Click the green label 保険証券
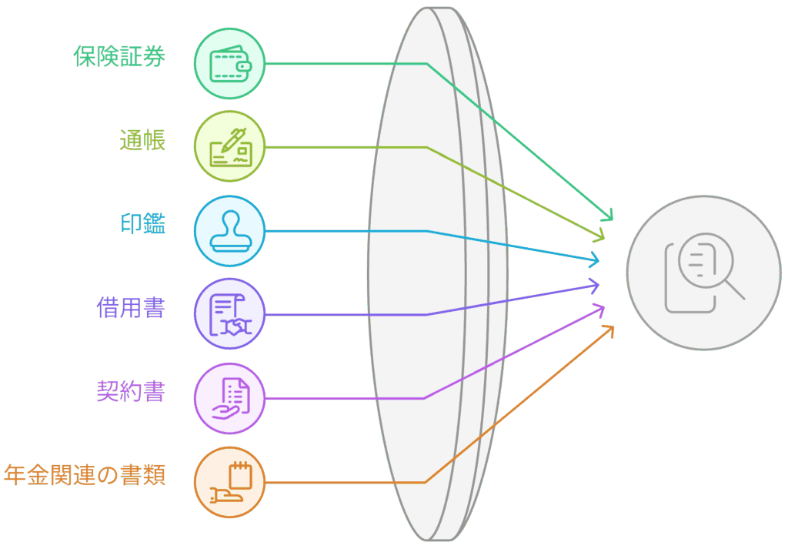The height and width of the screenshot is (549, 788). [x=119, y=56]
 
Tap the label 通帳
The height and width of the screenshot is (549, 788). [x=142, y=140]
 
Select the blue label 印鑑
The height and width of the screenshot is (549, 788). [x=142, y=224]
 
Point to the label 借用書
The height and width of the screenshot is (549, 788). [x=131, y=308]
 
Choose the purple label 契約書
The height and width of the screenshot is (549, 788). [x=131, y=391]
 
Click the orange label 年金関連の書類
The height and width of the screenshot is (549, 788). [x=85, y=475]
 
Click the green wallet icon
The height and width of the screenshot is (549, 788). [x=229, y=64]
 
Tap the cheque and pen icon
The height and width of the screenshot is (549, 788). [x=230, y=147]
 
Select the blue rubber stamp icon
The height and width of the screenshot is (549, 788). [x=229, y=231]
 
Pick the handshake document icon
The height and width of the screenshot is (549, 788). [x=230, y=315]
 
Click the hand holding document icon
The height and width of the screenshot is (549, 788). [x=231, y=398]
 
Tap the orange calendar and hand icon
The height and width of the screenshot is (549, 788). [x=231, y=482]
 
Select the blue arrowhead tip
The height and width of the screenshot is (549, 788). [x=599, y=261]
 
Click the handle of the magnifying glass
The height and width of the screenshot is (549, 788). [x=735, y=290]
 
